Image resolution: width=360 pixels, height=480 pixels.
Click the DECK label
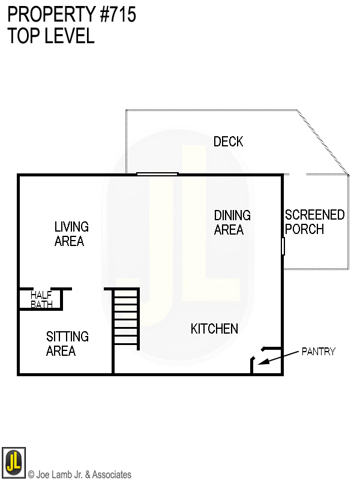tap(229, 142)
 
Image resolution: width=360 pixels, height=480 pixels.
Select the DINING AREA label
tap(232, 222)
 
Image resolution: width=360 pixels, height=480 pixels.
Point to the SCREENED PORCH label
tap(314, 222)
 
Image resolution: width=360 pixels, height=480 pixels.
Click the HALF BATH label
tap(41, 299)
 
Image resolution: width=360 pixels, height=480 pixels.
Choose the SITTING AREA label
tap(67, 344)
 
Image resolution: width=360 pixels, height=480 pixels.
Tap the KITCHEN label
tap(214, 329)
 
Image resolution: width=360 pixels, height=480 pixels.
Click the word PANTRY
tap(318, 352)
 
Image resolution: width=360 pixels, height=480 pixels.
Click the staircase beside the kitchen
tap(126, 318)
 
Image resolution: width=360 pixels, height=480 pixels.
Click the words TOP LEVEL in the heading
tap(51, 36)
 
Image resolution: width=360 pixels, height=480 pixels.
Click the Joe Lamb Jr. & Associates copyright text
tap(80, 475)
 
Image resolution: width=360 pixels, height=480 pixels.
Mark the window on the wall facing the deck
tap(157, 174)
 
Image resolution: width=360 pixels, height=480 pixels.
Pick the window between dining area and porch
tap(283, 246)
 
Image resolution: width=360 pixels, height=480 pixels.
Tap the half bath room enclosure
tap(41, 299)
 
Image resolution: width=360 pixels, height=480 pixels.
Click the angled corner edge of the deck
tap(324, 142)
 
